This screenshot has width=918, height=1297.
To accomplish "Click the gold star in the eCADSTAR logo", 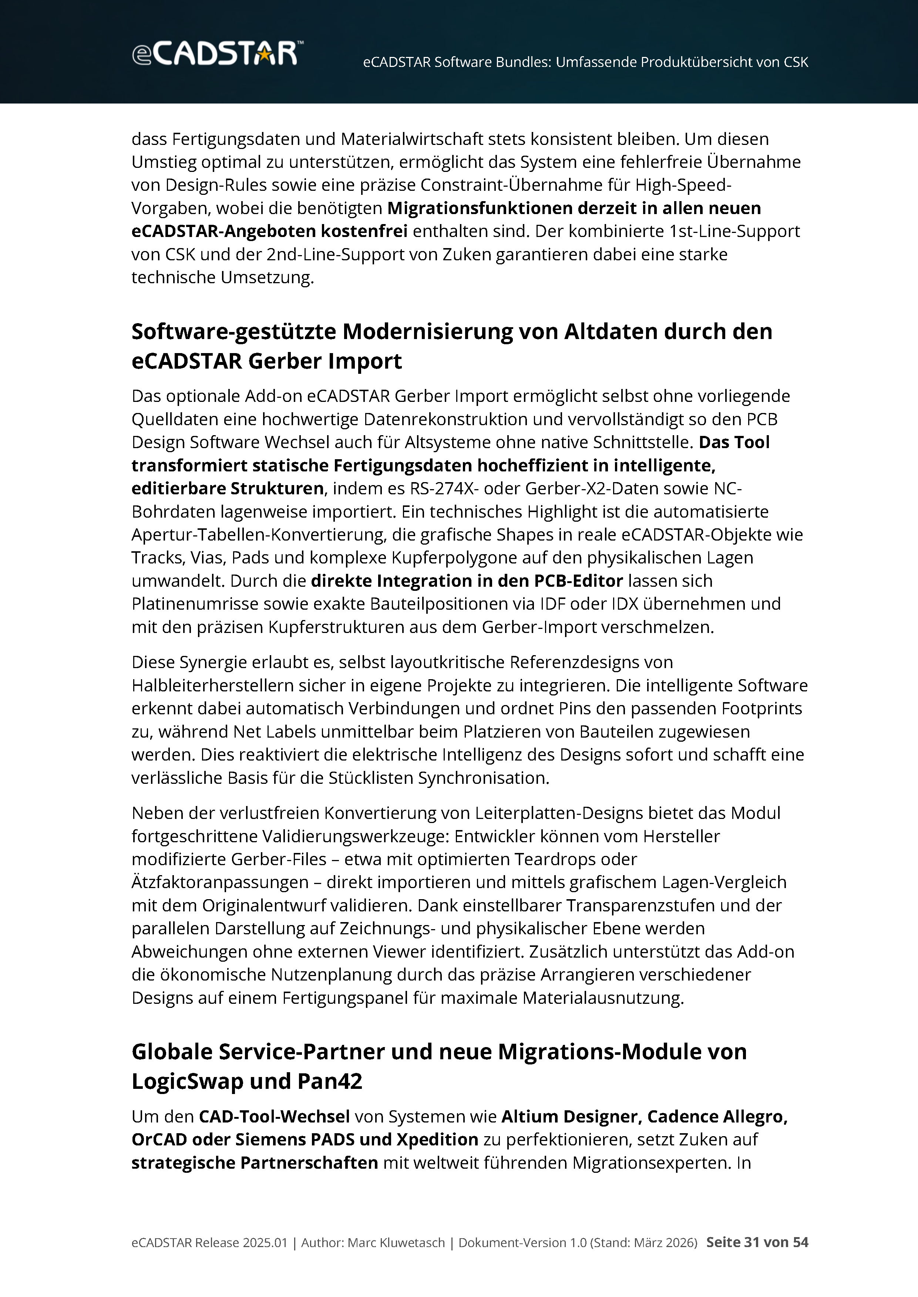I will point(264,54).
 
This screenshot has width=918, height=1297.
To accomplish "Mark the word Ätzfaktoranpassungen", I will point(220,883).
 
